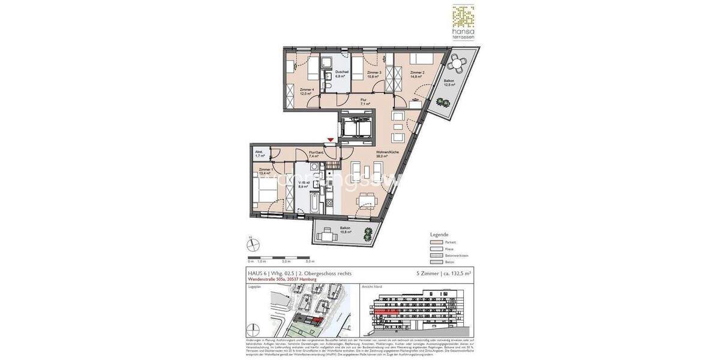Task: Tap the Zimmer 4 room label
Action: (307, 92)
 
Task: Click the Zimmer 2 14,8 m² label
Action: (417, 74)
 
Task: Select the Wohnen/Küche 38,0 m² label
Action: (388, 154)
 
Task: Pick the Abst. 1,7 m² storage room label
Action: (259, 154)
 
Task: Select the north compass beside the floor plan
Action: (253, 244)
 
